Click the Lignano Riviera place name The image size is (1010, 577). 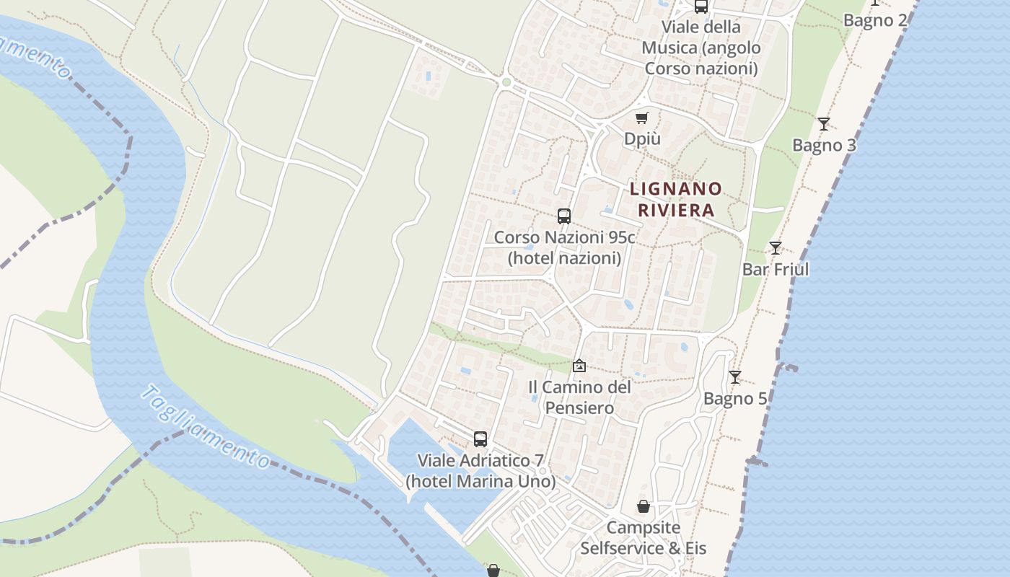(675, 199)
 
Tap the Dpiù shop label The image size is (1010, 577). (642, 138)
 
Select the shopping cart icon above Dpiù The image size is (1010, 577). (642, 118)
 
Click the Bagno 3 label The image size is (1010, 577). (824, 145)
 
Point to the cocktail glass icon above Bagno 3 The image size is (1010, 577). (823, 123)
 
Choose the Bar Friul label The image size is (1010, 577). (776, 269)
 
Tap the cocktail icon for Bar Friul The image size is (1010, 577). (775, 248)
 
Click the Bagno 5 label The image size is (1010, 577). (735, 398)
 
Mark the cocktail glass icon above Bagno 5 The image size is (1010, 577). (734, 377)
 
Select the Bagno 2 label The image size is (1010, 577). (875, 20)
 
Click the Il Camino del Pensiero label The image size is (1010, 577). (579, 397)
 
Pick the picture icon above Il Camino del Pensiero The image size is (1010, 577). (579, 366)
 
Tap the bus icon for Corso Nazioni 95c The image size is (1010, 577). (564, 216)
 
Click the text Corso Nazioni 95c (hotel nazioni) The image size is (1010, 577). (564, 247)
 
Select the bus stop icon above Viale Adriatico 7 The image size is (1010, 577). (480, 439)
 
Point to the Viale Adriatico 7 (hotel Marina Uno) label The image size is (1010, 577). (480, 470)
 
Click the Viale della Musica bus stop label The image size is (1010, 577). (701, 48)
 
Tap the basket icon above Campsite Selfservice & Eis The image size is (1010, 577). (643, 507)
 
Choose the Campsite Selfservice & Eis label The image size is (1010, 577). (644, 537)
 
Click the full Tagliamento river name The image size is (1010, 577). (206, 427)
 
